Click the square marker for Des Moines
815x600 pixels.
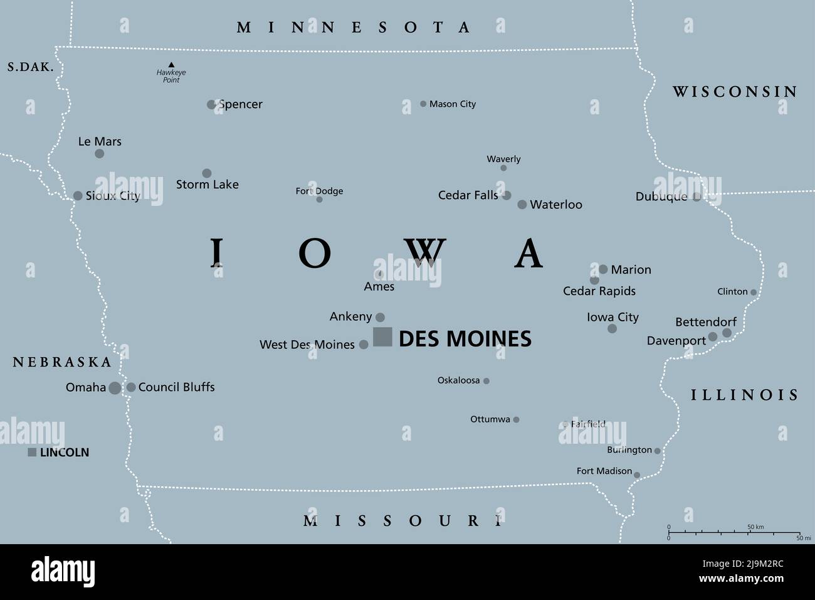pyautogui.click(x=382, y=337)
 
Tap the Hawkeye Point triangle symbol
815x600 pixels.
pyautogui.click(x=171, y=65)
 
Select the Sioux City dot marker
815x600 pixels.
pyautogui.click(x=78, y=196)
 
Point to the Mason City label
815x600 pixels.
pyautogui.click(x=452, y=104)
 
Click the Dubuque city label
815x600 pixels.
pyautogui.click(x=661, y=196)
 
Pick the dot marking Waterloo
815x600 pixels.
pyautogui.click(x=522, y=205)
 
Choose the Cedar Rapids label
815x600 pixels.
pyautogui.click(x=599, y=291)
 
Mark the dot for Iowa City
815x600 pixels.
pyautogui.click(x=612, y=329)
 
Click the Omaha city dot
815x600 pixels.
pyautogui.click(x=115, y=388)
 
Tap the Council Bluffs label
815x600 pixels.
pyautogui.click(x=176, y=387)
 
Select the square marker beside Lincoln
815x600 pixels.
pyautogui.click(x=32, y=453)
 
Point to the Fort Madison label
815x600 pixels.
pyautogui.click(x=604, y=471)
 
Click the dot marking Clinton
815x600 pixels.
pyautogui.click(x=753, y=292)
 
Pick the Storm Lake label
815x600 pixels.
pyautogui.click(x=207, y=185)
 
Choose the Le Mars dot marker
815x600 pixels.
pyautogui.click(x=99, y=154)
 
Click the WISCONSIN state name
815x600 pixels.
pyautogui.click(x=735, y=92)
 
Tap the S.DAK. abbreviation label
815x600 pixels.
pyautogui.click(x=31, y=67)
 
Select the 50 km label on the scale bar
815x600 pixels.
pyautogui.click(x=755, y=527)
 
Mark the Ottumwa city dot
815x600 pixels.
pyautogui.click(x=516, y=420)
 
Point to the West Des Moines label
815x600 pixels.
pyautogui.click(x=307, y=345)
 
